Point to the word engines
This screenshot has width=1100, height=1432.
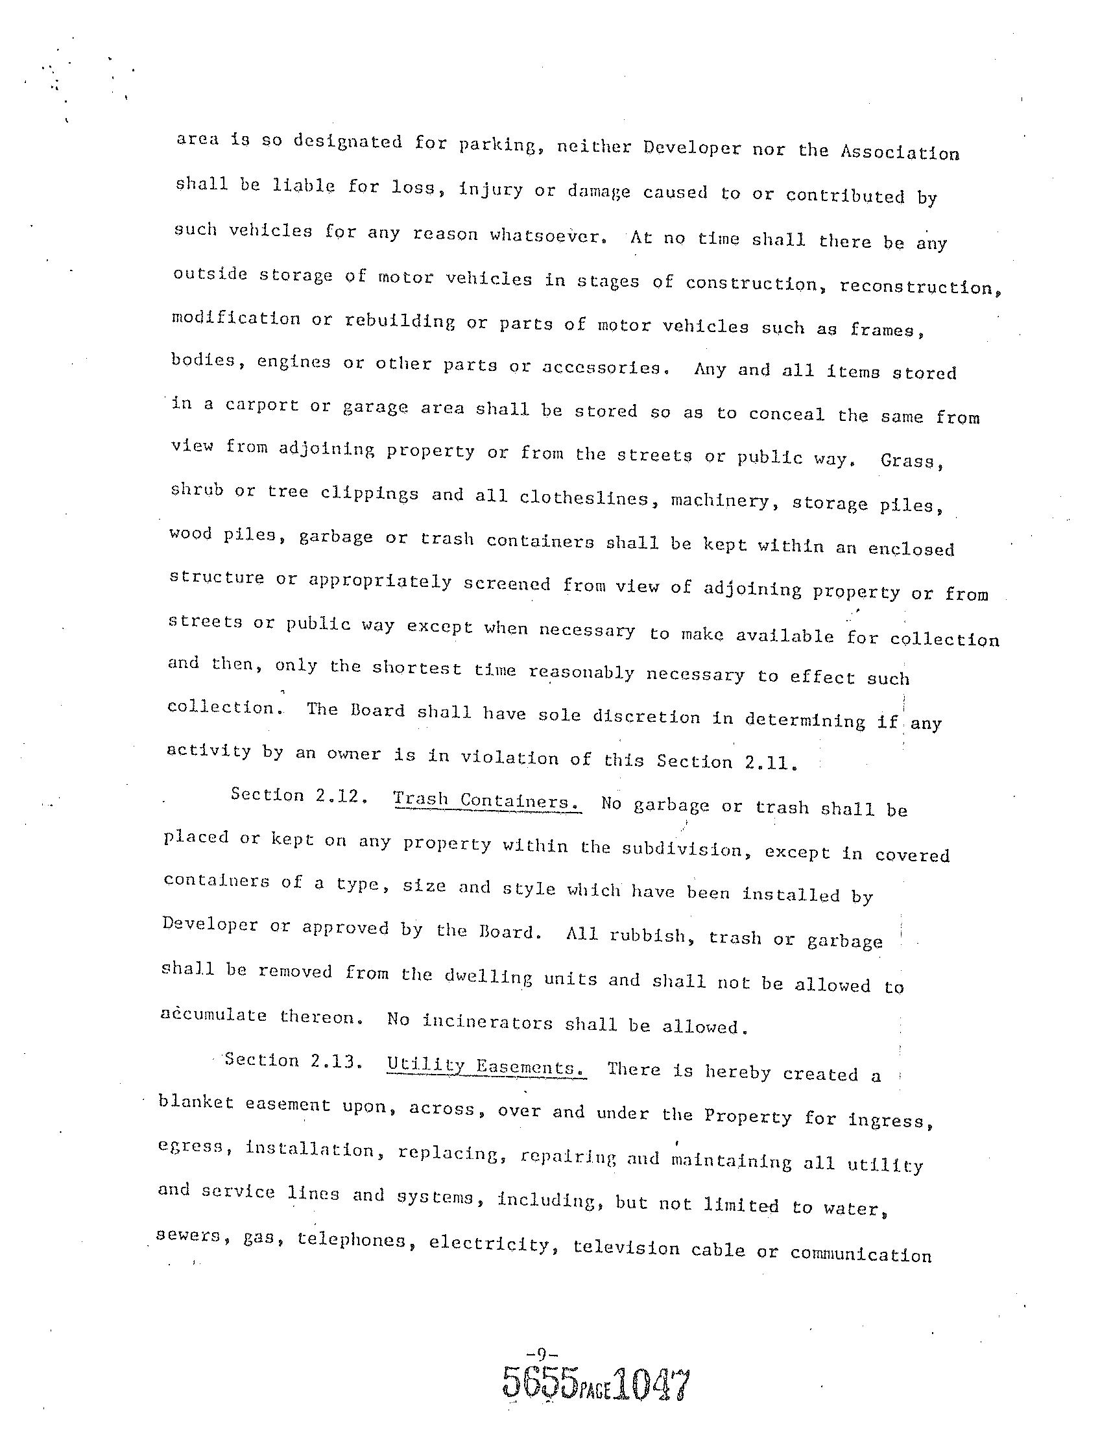coord(294,362)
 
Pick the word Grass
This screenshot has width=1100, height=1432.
coord(911,460)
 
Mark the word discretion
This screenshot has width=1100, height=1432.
coord(646,717)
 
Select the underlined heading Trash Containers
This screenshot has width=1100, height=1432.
coord(487,800)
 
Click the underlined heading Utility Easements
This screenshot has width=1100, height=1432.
coord(486,1067)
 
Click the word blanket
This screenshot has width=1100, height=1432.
coord(196,1102)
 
